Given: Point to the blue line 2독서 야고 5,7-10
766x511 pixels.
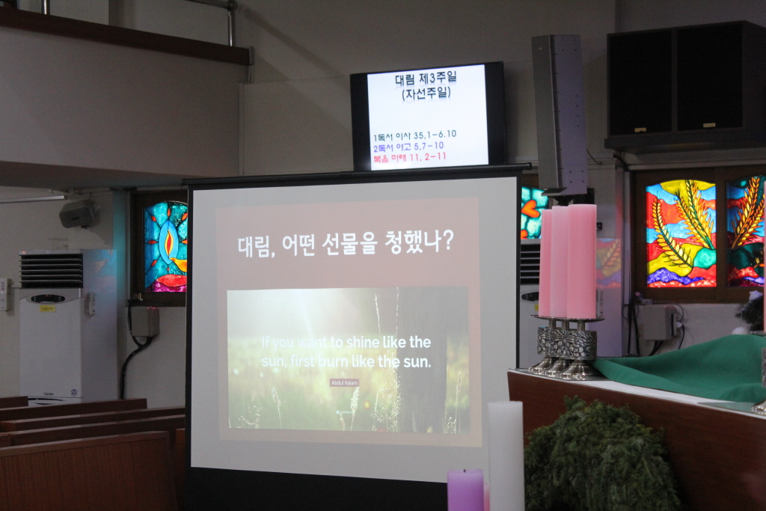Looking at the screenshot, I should tap(408, 145).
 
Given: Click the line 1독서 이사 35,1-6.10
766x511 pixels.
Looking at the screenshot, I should tap(414, 135).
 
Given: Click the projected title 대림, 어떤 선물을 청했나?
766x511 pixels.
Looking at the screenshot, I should tap(346, 244).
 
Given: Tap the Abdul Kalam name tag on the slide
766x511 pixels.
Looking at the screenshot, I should tap(344, 382).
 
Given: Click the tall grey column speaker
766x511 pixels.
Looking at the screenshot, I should tap(559, 112).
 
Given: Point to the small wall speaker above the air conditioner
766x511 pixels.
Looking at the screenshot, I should tap(79, 214).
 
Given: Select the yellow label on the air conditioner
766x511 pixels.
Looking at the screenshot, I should tap(47, 308).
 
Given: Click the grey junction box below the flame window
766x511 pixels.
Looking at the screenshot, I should tap(144, 322).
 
